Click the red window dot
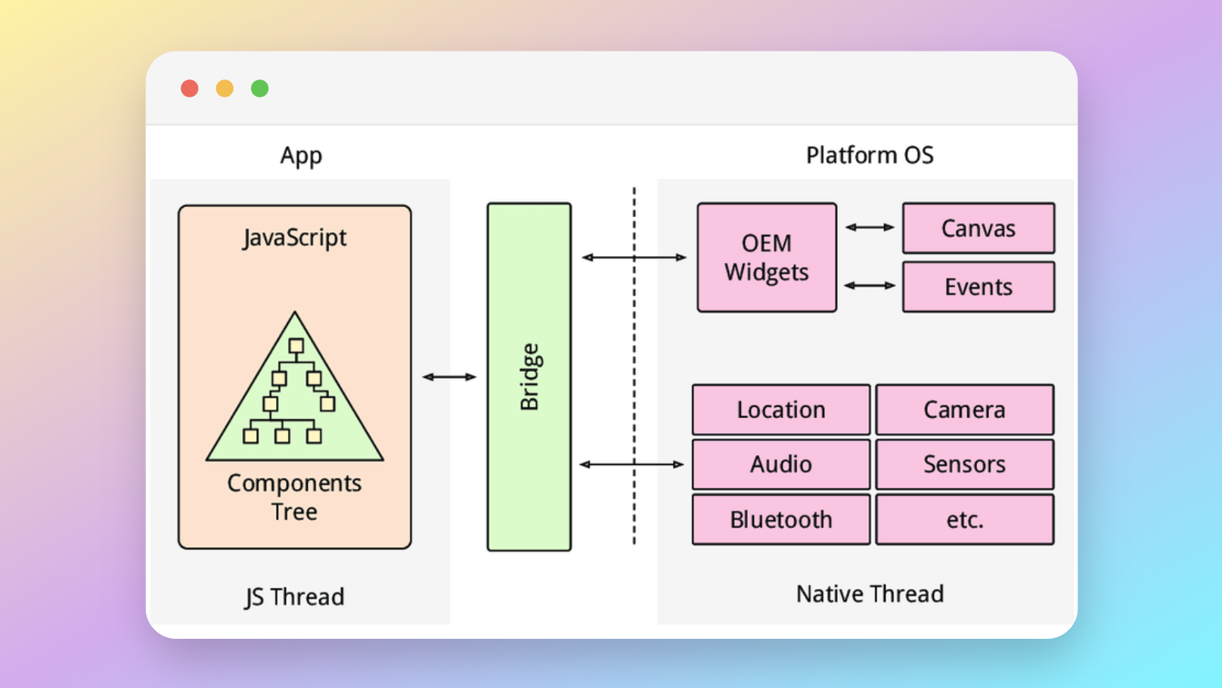[x=190, y=88]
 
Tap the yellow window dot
[x=225, y=88]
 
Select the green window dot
[x=259, y=88]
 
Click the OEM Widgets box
[x=767, y=257]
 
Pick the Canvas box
[x=978, y=228]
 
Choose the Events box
[x=978, y=287]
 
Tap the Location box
[x=781, y=410]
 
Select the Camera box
[x=964, y=410]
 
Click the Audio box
[x=781, y=464]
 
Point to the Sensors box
[x=964, y=464]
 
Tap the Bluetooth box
[x=781, y=519]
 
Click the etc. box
[x=964, y=519]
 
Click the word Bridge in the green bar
[x=529, y=377]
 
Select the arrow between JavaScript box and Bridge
[x=449, y=377]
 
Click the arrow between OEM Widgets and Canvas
[x=870, y=227]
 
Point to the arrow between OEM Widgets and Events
[x=870, y=285]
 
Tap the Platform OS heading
[x=870, y=155]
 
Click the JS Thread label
[x=294, y=597]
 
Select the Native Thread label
[x=870, y=593]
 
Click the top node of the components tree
[x=296, y=346]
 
